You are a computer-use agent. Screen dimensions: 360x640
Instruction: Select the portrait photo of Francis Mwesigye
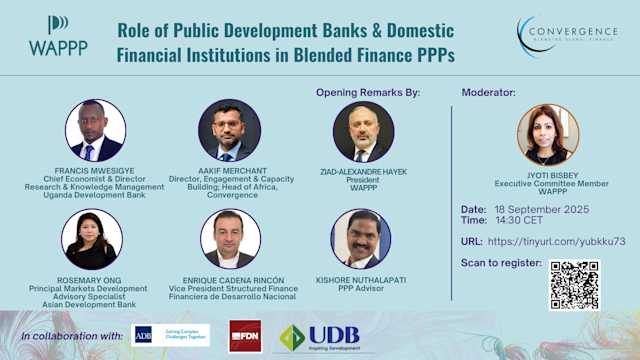pyautogui.click(x=96, y=131)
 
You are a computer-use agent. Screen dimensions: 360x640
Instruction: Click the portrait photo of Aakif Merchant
pyautogui.click(x=229, y=131)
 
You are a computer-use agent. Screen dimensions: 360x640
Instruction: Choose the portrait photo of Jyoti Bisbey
pyautogui.click(x=548, y=135)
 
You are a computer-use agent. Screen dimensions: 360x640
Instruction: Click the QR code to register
pyautogui.click(x=574, y=286)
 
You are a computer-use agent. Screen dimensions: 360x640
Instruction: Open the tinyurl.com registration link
pyautogui.click(x=557, y=241)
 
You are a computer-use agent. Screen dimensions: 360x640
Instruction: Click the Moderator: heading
pyautogui.click(x=489, y=93)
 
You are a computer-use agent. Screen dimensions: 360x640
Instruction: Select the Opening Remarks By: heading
pyautogui.click(x=368, y=93)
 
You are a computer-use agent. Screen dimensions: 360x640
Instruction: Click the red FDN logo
pyautogui.click(x=245, y=335)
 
